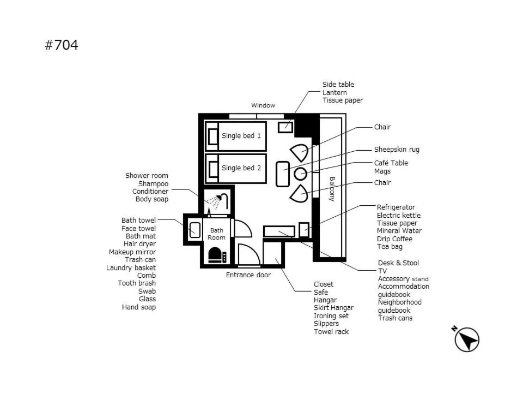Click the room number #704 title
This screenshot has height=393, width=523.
pos(61,45)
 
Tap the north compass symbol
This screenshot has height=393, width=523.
pos(466,340)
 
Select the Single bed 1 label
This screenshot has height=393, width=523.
pos(241,136)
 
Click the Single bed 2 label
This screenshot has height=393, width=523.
pos(241,168)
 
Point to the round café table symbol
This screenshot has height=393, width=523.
pos(301,174)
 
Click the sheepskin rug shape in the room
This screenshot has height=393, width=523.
pos(283,174)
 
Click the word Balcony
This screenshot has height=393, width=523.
pos(331,189)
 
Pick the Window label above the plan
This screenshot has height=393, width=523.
pos(263,105)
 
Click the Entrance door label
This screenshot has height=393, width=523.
pos(248,275)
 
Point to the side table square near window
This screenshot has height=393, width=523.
pos(285,127)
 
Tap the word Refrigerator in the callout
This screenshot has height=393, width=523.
pos(396,207)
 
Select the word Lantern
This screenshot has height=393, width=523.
pos(335,92)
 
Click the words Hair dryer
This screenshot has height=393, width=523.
pos(139,244)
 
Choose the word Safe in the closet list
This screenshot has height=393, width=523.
pos(321,292)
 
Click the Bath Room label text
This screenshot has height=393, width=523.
pos(216,234)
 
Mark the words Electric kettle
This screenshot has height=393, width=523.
pos(398,216)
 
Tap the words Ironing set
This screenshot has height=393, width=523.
pos(331,316)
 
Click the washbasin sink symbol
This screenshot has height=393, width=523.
pos(194,229)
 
